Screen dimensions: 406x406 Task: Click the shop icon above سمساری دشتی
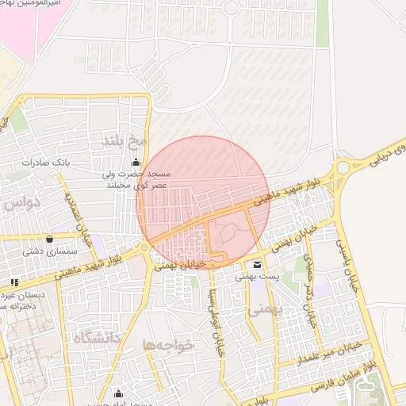pos(50,238)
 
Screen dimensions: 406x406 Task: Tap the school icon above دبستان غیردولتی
pos(14,282)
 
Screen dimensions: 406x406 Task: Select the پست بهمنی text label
pos(256,278)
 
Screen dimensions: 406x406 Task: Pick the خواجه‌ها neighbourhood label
pos(168,345)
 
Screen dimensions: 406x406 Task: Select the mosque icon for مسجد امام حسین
pos(120,393)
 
